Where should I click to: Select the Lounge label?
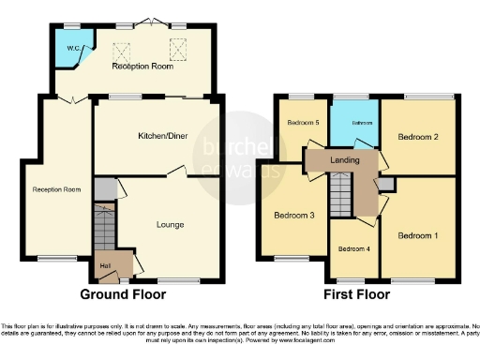(x=169, y=224)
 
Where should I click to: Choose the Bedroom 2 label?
(x=419, y=136)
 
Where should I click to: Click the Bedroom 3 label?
(x=293, y=216)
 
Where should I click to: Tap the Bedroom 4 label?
(x=354, y=248)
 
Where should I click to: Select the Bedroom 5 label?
(x=303, y=123)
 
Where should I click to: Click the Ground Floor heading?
(x=123, y=294)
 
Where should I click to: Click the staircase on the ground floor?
(x=105, y=228)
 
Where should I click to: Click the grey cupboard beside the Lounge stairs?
(x=106, y=188)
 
